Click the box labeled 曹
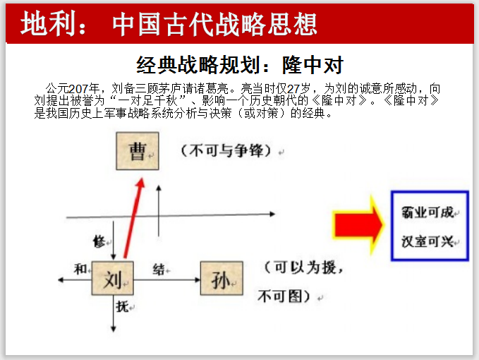pyautogui.click(x=137, y=152)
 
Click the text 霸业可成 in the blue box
pyautogui.click(x=428, y=212)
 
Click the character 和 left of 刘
pyautogui.click(x=80, y=268)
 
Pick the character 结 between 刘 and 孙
pyautogui.click(x=159, y=269)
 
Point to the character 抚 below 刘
pyautogui.click(x=122, y=306)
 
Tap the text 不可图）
pyautogui.click(x=286, y=296)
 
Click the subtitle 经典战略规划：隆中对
pyautogui.click(x=240, y=65)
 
